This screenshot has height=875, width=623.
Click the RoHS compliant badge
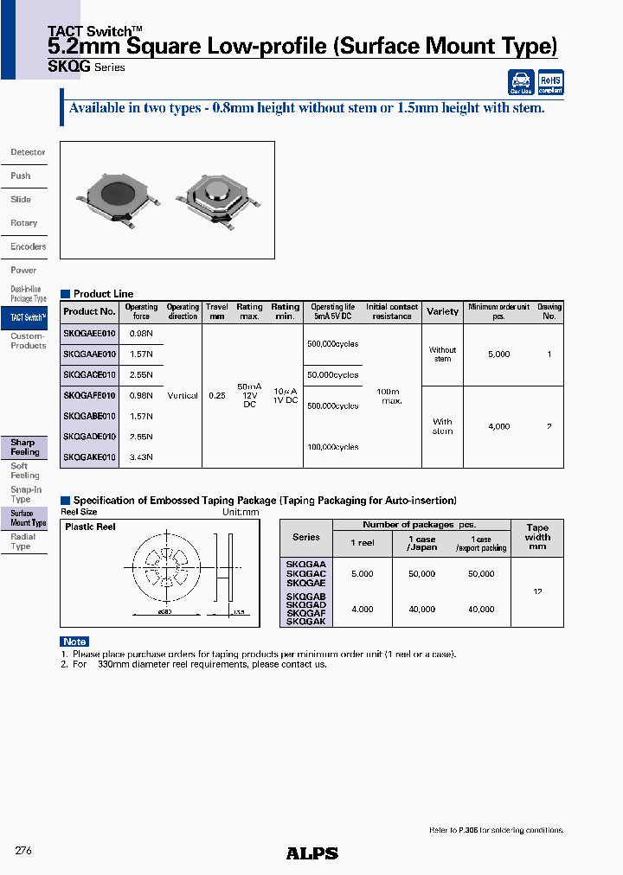(550, 82)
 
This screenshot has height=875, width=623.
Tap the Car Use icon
(521, 82)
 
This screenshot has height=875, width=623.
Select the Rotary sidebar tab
(24, 223)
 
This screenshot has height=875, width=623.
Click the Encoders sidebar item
(28, 246)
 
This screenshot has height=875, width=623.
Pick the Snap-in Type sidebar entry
(25, 495)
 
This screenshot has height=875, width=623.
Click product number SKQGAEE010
(89, 333)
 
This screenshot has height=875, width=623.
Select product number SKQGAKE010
(89, 457)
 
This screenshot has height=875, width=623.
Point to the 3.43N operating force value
(141, 457)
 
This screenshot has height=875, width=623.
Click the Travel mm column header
(217, 311)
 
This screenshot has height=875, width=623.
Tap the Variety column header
(442, 311)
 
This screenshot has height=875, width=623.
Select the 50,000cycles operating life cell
(333, 375)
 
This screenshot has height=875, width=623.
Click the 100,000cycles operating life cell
(333, 447)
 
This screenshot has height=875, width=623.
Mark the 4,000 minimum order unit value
(499, 426)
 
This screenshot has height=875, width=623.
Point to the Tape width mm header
(537, 537)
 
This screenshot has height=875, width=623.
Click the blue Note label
(74, 642)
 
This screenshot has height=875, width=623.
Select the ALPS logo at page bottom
(311, 853)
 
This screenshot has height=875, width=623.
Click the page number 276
(23, 851)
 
